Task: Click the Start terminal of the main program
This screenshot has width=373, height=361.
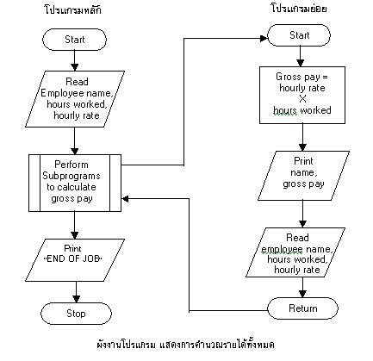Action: pyautogui.click(x=76, y=40)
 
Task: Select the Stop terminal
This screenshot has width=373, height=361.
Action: pyautogui.click(x=76, y=313)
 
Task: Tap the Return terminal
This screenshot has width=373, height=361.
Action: pyautogui.click(x=302, y=308)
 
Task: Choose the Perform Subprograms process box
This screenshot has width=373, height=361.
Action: pyautogui.click(x=76, y=182)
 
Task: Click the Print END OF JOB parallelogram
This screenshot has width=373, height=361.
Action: pyautogui.click(x=76, y=253)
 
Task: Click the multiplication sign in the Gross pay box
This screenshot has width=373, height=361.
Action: pyautogui.click(x=302, y=98)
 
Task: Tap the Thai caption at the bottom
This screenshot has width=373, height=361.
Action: pyautogui.click(x=186, y=345)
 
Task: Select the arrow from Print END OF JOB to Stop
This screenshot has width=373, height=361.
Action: pyautogui.click(x=76, y=286)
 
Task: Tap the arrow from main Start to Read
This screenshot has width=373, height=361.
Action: pyautogui.click(x=76, y=60)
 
